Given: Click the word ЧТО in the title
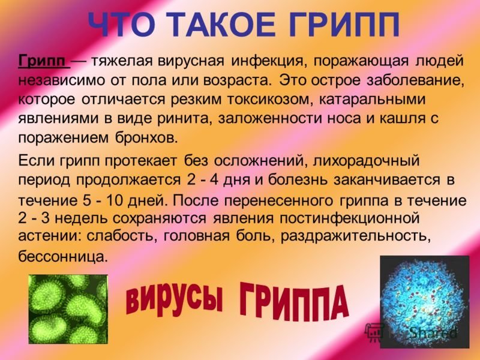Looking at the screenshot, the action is pyautogui.click(x=122, y=25).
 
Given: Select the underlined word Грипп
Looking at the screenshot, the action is pyautogui.click(x=42, y=61).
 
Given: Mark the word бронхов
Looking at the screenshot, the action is pyautogui.click(x=146, y=139).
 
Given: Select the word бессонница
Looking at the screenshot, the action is pyautogui.click(x=64, y=256).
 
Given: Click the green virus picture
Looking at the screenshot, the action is pyautogui.click(x=68, y=309).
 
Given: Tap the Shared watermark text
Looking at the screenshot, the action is pyautogui.click(x=432, y=332).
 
